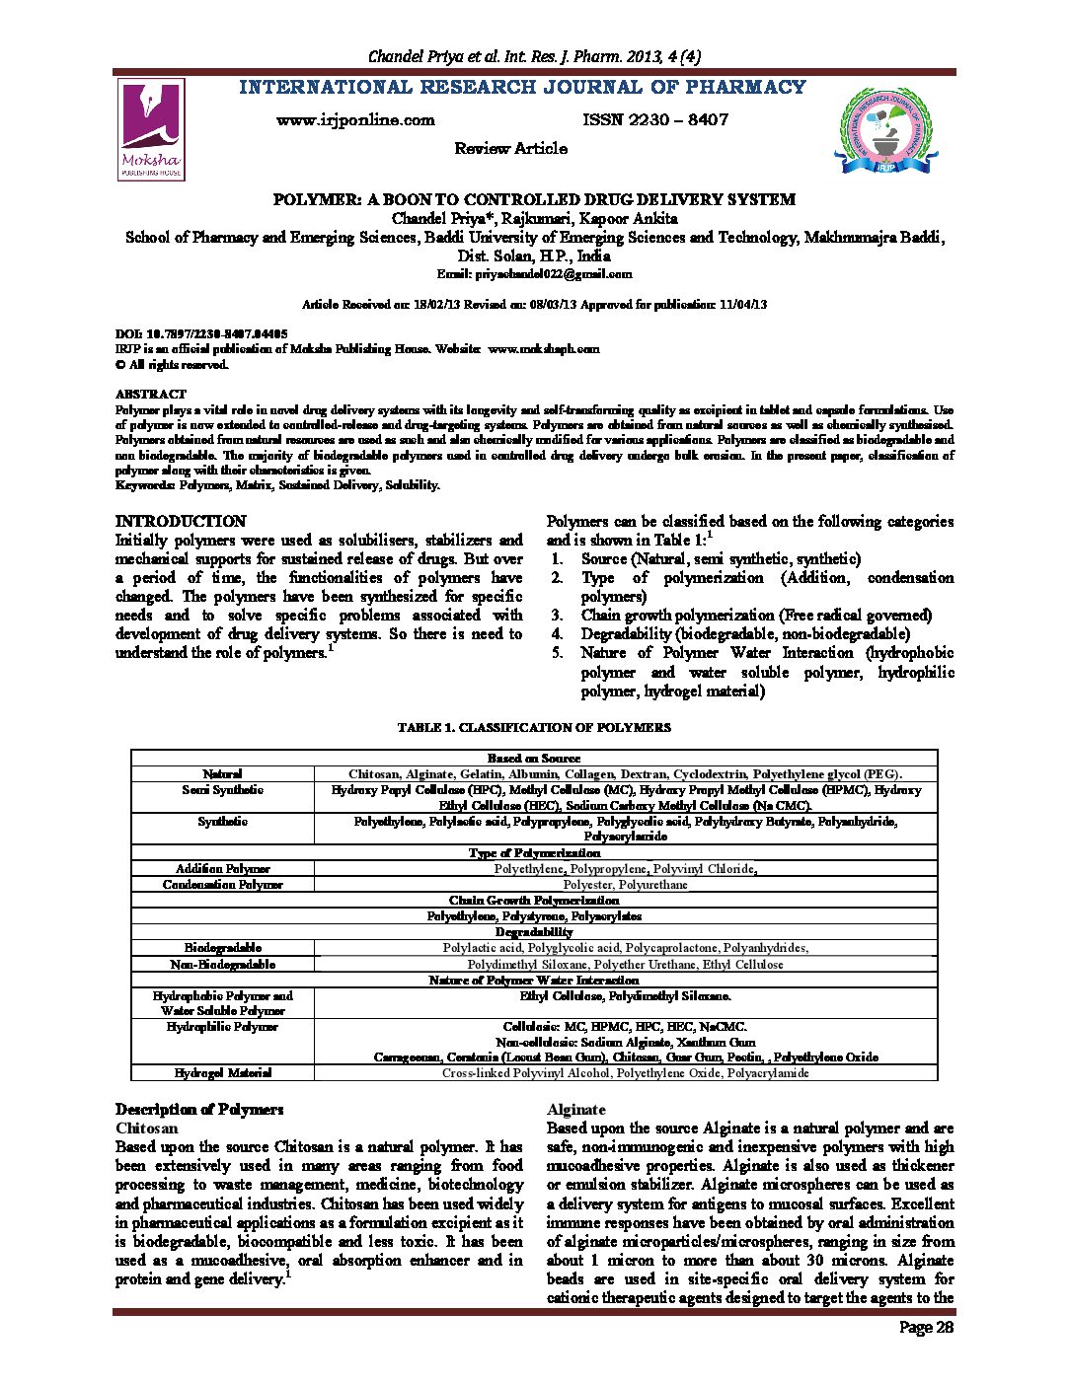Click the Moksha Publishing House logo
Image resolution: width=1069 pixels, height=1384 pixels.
(151, 129)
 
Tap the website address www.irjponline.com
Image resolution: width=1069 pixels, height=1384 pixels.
(355, 120)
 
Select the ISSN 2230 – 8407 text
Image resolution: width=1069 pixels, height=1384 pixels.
(655, 120)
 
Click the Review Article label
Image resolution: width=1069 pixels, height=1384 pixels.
(510, 149)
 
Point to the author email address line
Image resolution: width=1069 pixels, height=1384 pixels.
(534, 274)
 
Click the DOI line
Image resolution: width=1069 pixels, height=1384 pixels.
(201, 334)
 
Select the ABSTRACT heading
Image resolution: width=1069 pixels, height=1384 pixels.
(150, 394)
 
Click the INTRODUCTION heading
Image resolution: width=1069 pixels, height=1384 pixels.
(181, 521)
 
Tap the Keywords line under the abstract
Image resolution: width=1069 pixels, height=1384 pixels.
(277, 485)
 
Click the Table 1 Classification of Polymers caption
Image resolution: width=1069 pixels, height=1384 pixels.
(534, 727)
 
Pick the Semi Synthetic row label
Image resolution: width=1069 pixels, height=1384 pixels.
(222, 790)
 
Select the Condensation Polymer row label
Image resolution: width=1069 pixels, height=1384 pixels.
(222, 885)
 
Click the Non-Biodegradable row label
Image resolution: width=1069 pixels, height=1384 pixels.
(222, 964)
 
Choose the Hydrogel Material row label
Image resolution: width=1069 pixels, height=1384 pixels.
(222, 1072)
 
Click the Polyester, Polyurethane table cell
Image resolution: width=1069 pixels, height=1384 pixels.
(625, 885)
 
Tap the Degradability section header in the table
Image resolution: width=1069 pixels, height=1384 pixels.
(534, 932)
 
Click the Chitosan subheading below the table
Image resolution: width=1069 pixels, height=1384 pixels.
(147, 1128)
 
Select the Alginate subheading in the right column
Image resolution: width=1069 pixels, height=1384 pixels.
(576, 1110)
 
